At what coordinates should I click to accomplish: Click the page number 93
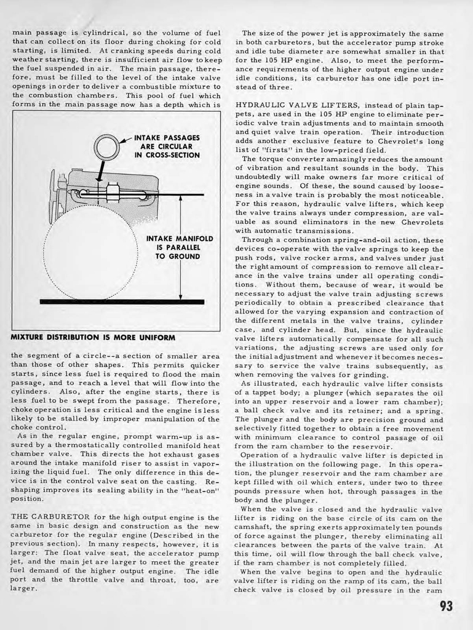tap(446, 605)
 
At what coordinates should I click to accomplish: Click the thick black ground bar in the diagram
tap(122, 301)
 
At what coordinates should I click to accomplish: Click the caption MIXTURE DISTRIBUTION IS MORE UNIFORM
tap(93, 338)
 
